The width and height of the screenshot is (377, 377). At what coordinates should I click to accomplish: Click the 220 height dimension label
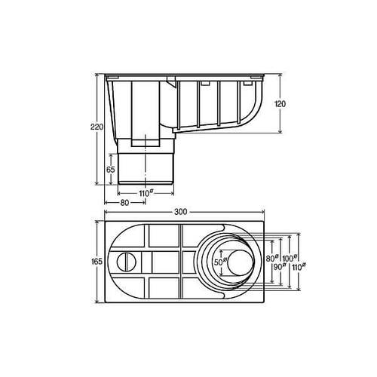tap(97, 127)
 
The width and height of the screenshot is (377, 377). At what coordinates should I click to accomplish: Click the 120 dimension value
tap(280, 104)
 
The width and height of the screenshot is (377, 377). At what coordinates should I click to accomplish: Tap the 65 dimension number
tap(111, 170)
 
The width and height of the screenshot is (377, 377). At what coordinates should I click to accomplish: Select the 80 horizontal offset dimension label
tap(124, 203)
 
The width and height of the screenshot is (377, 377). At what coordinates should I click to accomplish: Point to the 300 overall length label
tap(181, 212)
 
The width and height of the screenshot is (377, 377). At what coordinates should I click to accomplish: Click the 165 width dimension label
tap(97, 262)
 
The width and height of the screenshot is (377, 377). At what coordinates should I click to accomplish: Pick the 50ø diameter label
tap(220, 262)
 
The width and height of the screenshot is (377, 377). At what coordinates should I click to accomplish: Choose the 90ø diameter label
tap(280, 267)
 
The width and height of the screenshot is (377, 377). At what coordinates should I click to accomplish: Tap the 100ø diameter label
tap(290, 258)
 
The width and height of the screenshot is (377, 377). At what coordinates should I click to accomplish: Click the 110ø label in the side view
tap(146, 193)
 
